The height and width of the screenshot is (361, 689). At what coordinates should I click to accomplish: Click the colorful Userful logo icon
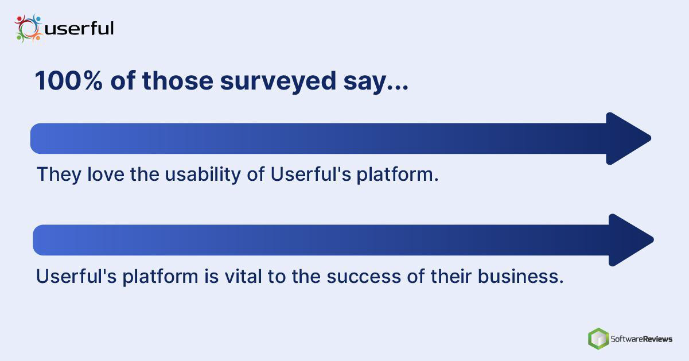[28, 28]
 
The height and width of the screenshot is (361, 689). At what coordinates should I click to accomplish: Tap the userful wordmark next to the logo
[79, 28]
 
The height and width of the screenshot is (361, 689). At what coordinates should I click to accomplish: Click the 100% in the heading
[69, 80]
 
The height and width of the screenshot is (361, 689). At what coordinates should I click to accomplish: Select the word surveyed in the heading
[278, 81]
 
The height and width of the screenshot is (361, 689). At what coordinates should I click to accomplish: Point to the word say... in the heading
[376, 83]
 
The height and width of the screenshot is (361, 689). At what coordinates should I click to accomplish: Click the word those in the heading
[177, 80]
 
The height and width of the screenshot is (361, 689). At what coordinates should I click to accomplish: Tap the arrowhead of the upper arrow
[628, 138]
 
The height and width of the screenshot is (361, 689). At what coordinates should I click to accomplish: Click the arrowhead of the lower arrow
[631, 240]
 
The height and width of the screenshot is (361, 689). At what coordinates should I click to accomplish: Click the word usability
[203, 175]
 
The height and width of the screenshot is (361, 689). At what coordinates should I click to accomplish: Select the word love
[106, 174]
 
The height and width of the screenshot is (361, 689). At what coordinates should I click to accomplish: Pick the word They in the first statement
[59, 175]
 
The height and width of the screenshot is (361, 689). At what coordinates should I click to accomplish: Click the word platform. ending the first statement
[398, 175]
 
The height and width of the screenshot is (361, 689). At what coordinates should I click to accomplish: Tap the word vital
[243, 275]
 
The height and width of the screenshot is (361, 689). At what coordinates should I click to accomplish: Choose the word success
[364, 277]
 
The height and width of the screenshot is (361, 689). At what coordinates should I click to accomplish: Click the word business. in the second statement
[520, 275]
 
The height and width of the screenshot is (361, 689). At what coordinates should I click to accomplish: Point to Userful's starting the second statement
[76, 275]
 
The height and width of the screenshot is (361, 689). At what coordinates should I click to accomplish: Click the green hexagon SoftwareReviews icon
[598, 339]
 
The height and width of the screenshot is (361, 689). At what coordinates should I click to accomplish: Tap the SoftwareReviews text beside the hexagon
[641, 339]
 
